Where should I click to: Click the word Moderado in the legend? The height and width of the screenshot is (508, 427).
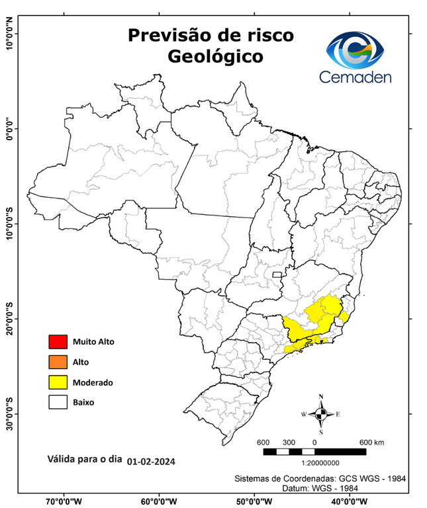click(x=93, y=382)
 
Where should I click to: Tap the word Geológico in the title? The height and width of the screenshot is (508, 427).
click(x=215, y=57)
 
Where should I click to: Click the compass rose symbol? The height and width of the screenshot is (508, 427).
click(x=321, y=415)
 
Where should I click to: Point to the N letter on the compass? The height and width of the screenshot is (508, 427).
click(x=321, y=398)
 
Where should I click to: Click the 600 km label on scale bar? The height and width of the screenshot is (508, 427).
click(x=371, y=442)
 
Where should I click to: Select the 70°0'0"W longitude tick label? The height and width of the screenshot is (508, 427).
click(x=64, y=501)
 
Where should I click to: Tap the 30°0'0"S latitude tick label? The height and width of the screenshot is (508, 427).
click(x=9, y=413)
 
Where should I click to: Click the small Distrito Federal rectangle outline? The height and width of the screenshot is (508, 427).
click(x=276, y=273)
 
